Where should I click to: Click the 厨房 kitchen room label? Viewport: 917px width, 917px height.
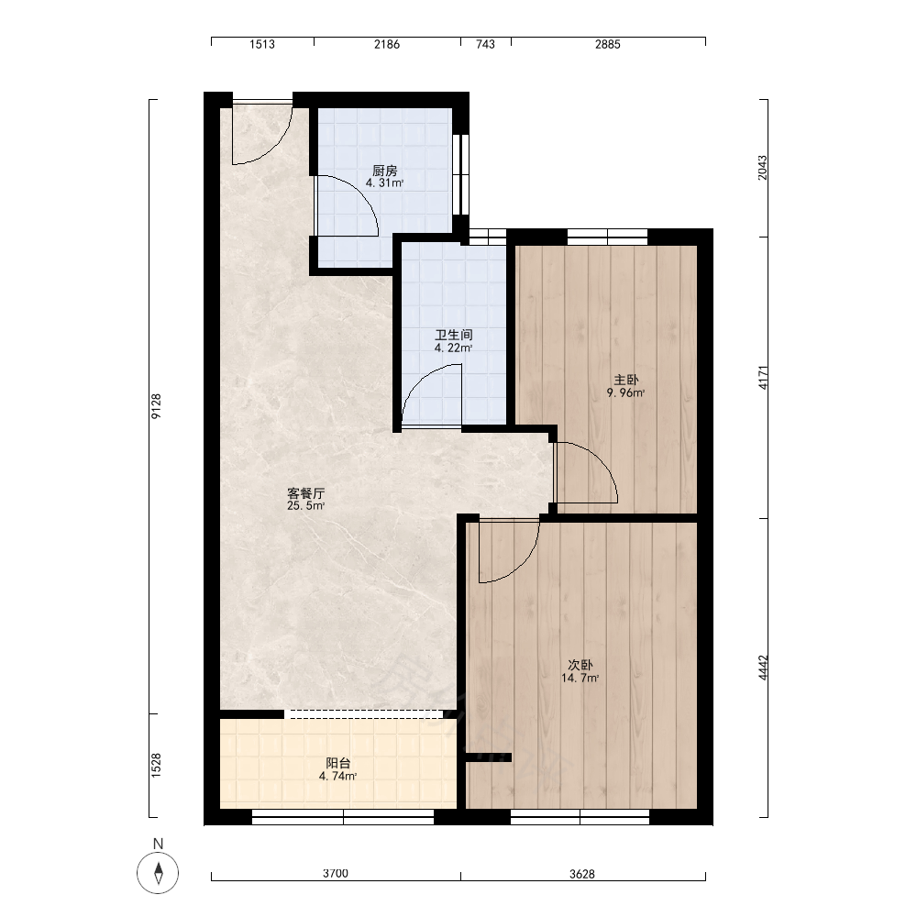pos(385,171)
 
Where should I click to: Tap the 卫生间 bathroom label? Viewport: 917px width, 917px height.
pos(453,335)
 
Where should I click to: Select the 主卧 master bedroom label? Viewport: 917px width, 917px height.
pos(625,381)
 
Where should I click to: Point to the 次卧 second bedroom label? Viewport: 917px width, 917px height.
pos(580,665)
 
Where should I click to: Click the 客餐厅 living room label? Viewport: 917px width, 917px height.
pos(306,493)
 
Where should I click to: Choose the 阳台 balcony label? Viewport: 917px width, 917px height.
pos(338,763)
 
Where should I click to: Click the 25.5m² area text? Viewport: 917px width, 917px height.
pos(306,506)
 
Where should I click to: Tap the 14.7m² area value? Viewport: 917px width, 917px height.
pos(580,679)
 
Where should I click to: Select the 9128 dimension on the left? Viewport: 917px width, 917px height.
pos(156,406)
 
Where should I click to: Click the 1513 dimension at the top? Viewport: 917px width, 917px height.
pos(262,44)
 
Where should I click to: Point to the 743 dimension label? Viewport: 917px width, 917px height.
pos(485,44)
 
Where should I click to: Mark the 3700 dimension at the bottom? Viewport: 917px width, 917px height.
pos(335,873)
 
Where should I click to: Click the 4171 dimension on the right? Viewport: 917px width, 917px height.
pos(763,378)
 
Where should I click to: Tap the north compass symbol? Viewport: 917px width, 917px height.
pos(158,873)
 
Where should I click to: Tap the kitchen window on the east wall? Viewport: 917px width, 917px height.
pos(461,174)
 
